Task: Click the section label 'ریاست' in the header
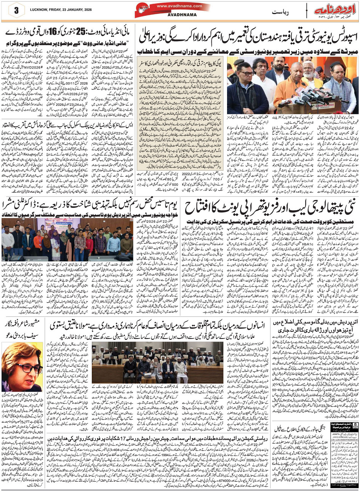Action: pos(280,12)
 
